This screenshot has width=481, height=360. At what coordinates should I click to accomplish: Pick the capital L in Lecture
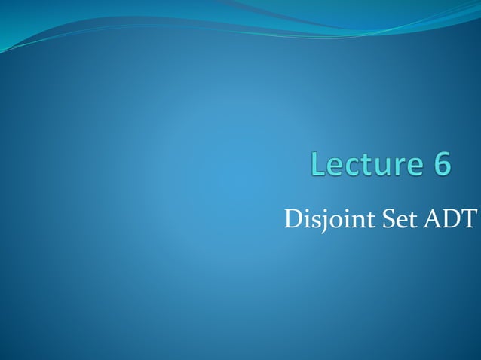click(x=315, y=166)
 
